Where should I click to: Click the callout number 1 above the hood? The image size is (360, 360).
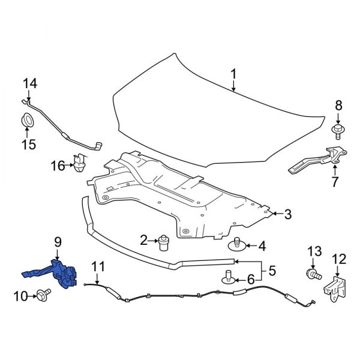(233, 74)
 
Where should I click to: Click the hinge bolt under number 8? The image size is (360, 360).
(338, 128)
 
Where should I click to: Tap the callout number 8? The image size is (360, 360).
(338, 106)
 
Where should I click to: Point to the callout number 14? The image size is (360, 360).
(29, 83)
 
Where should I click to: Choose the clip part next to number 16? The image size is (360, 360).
(78, 163)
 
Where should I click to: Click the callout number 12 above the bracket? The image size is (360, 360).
(339, 259)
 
